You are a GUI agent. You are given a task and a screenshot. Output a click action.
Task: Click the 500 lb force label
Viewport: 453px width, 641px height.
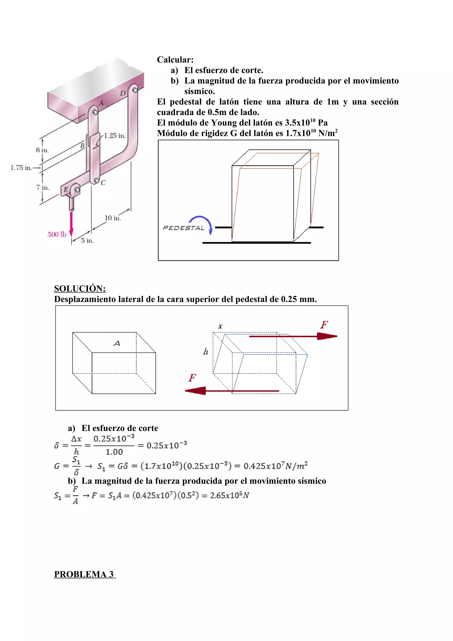(x=57, y=234)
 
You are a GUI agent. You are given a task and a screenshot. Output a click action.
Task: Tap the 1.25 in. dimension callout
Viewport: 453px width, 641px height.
(x=115, y=136)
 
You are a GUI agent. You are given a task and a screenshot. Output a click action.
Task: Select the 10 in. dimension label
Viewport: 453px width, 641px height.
(x=113, y=218)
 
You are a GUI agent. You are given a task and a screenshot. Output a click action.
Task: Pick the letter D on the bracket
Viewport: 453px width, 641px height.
(x=123, y=93)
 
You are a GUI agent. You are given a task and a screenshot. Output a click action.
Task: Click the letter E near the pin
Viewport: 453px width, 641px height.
(x=66, y=190)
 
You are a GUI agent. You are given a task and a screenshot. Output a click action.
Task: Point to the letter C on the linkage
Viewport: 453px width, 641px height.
(x=103, y=183)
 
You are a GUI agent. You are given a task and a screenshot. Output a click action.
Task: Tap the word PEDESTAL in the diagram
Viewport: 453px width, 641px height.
(x=183, y=228)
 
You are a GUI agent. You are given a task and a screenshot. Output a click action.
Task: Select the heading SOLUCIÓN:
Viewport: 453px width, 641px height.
(x=80, y=288)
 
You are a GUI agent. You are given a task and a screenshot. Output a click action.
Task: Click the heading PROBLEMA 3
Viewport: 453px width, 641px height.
(x=84, y=574)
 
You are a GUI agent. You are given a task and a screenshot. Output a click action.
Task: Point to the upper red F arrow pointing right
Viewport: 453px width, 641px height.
(x=293, y=336)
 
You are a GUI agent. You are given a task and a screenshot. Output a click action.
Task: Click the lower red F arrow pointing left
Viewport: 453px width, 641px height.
(x=232, y=391)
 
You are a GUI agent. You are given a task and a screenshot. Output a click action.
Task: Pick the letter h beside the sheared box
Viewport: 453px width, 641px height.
(x=206, y=351)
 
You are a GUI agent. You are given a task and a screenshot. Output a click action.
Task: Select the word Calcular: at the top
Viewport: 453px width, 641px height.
(x=175, y=59)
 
